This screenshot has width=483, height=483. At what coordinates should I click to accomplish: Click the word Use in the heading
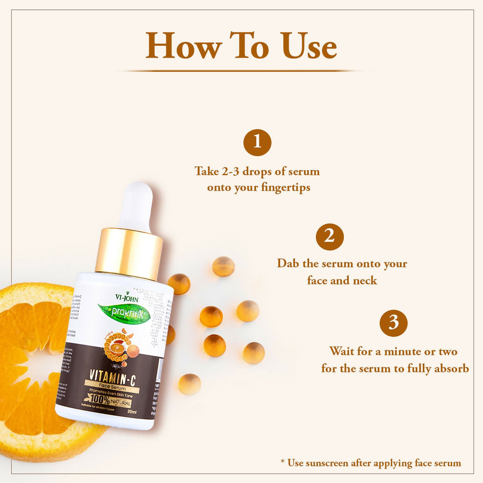(x=309, y=46)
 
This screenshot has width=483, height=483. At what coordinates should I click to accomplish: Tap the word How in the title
(x=183, y=46)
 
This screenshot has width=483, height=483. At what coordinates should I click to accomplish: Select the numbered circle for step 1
(x=257, y=142)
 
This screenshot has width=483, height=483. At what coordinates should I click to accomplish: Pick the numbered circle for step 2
(x=329, y=237)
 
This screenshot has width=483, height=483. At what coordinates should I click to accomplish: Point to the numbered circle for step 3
(x=394, y=323)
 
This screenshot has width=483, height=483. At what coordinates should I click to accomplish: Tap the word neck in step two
(x=365, y=280)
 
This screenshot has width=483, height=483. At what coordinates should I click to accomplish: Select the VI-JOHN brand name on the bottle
(x=127, y=298)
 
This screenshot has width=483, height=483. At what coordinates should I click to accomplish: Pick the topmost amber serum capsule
(x=223, y=266)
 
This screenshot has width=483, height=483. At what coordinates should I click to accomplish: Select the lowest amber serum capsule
(x=189, y=384)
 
